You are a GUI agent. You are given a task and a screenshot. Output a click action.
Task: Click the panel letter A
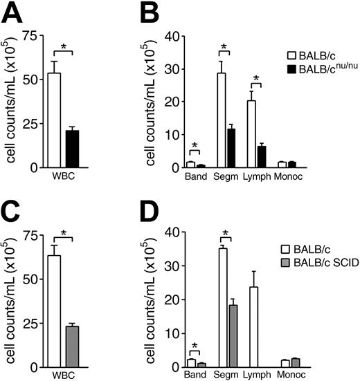coord(12,12)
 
